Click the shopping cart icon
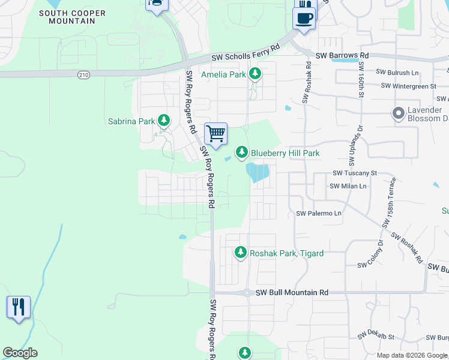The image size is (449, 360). (x=215, y=133)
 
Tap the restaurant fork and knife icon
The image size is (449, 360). (x=19, y=307)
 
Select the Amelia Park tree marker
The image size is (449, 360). (x=255, y=74)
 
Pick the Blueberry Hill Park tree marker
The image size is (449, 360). (x=241, y=152)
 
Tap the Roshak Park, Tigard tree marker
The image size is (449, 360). (x=241, y=253)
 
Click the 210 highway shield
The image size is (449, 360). (x=83, y=74)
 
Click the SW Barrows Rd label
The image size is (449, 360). (x=342, y=55)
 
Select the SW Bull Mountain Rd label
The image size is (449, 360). (x=292, y=293)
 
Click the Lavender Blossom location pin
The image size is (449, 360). (x=397, y=113)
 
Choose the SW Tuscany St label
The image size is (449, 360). (x=354, y=173)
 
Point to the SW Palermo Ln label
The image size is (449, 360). (x=319, y=213)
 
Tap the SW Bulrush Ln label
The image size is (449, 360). (x=397, y=73)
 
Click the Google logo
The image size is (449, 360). (x=20, y=353)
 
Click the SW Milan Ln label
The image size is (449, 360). (x=348, y=186)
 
